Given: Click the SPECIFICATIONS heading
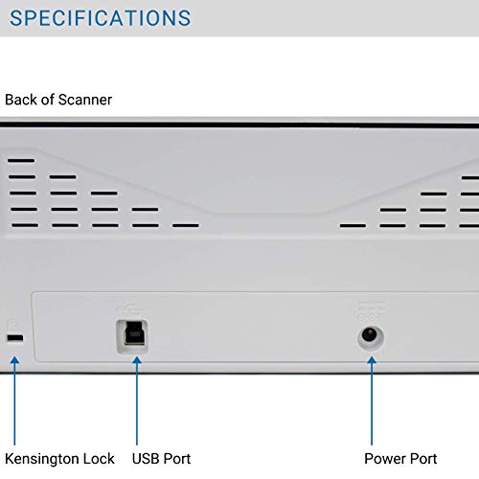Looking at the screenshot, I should (x=101, y=18).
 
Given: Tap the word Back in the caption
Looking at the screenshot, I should (x=22, y=100).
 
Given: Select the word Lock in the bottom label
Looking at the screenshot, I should (x=100, y=459).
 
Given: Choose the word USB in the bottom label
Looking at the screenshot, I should (x=147, y=459).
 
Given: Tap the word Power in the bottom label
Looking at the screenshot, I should (x=385, y=459).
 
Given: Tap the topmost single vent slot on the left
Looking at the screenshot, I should (x=21, y=160).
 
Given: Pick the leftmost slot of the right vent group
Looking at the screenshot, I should (x=353, y=226).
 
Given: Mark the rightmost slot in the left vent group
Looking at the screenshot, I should (x=185, y=226).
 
